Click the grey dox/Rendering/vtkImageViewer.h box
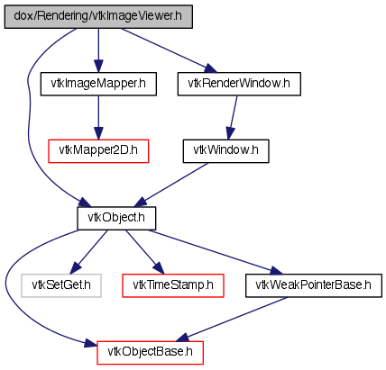[x=98, y=17]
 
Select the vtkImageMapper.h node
[x=98, y=84]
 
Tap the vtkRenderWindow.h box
[x=239, y=84]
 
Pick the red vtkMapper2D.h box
[x=98, y=151]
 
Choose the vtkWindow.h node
[x=225, y=151]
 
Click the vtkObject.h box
[x=116, y=219]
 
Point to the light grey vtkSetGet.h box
[x=61, y=285]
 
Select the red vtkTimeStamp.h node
[x=173, y=285]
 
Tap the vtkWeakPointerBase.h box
[x=314, y=285]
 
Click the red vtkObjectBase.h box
[x=150, y=353]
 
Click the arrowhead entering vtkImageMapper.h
[x=98, y=67]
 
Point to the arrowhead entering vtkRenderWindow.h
[x=210, y=68]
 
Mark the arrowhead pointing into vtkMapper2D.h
[x=98, y=133]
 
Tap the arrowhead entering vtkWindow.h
[x=230, y=133]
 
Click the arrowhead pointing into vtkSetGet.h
[x=75, y=268]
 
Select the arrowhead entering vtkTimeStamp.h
[x=159, y=268]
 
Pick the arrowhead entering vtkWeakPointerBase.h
[x=276, y=271]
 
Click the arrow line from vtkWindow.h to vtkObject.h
[x=170, y=185]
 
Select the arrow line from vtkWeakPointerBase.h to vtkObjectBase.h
[x=231, y=320]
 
